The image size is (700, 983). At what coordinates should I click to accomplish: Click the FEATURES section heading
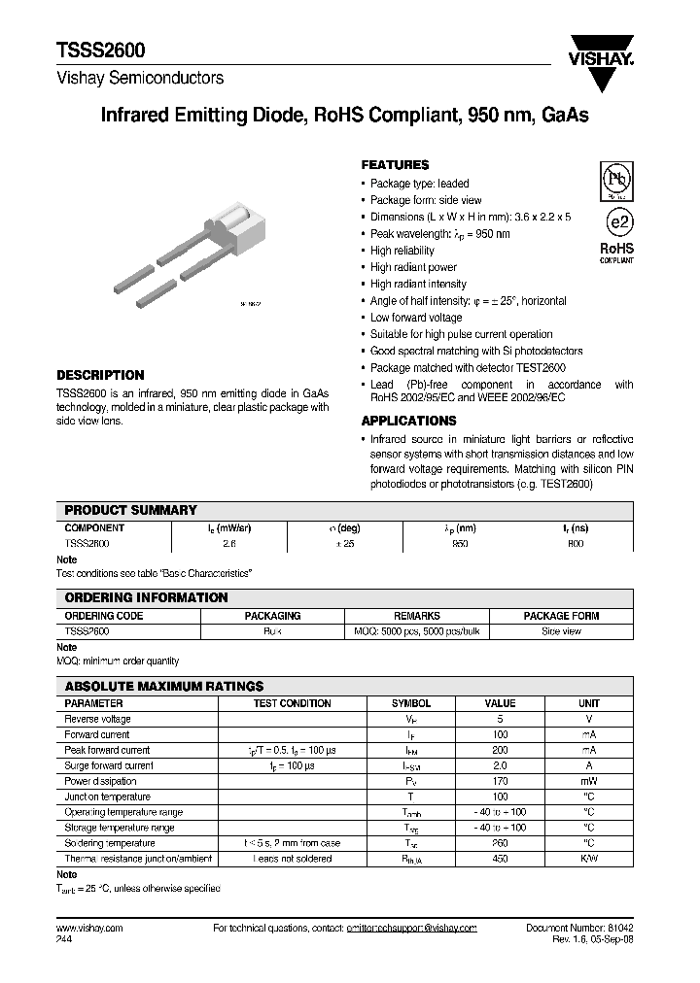[x=395, y=165]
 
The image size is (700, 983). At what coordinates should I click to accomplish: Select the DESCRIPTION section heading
[x=100, y=375]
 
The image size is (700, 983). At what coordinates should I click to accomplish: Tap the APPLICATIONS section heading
[x=408, y=421]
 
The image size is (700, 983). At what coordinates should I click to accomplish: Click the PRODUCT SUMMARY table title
[x=130, y=510]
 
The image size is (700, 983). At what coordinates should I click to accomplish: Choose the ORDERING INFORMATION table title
[x=146, y=598]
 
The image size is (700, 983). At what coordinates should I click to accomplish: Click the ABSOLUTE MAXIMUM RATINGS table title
[x=163, y=686]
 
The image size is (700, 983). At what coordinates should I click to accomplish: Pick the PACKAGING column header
[x=271, y=616]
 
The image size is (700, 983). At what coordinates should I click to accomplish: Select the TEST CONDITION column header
[x=292, y=703]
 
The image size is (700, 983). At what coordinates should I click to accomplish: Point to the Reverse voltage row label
[x=97, y=719]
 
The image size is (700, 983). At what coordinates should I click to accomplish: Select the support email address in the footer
[x=412, y=929]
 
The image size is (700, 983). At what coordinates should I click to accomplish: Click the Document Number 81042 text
[x=579, y=929]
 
